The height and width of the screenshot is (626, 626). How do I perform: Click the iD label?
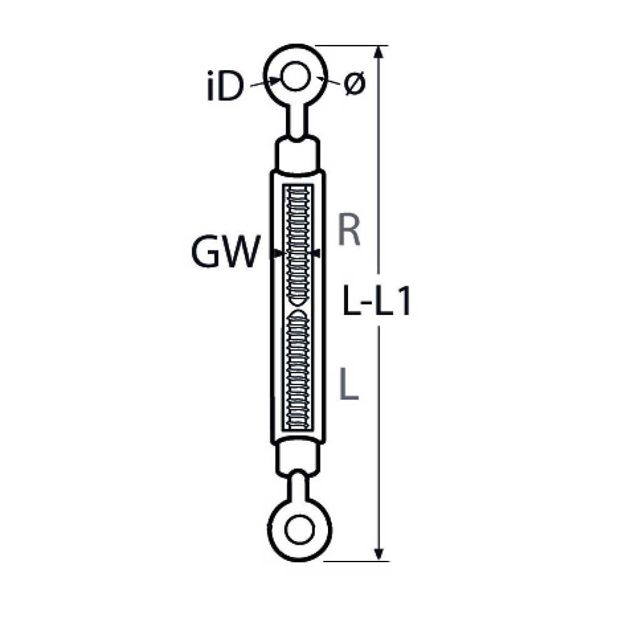(223, 88)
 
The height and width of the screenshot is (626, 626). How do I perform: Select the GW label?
(225, 254)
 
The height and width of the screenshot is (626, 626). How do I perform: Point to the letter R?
(349, 230)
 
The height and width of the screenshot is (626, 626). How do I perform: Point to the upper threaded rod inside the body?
(297, 244)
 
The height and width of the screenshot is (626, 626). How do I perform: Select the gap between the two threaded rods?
(297, 306)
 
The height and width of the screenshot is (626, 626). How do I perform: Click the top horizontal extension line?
(351, 46)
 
